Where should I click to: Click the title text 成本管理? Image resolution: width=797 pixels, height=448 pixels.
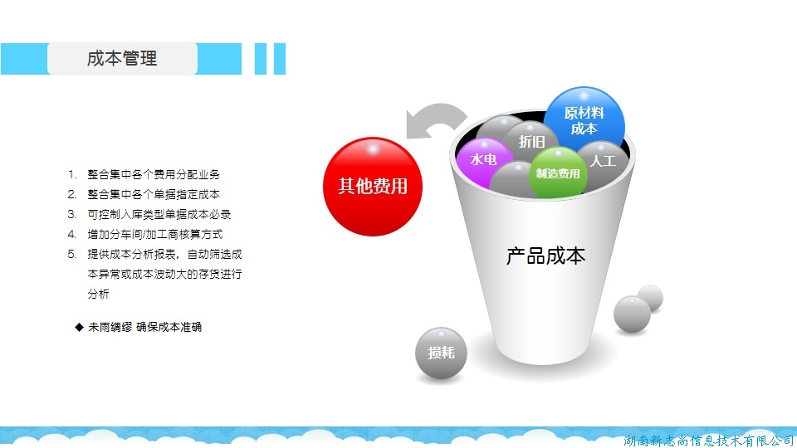click(x=122, y=58)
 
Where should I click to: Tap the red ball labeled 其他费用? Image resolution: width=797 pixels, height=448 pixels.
click(x=373, y=187)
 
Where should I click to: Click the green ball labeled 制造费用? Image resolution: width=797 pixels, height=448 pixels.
click(x=558, y=173)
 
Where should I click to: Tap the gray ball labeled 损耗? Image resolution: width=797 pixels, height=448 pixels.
click(x=441, y=353)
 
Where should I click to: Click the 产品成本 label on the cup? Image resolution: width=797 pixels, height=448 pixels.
click(x=545, y=256)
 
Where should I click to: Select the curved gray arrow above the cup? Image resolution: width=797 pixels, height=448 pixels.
click(x=438, y=114)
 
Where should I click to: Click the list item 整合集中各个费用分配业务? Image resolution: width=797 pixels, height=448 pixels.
click(x=154, y=175)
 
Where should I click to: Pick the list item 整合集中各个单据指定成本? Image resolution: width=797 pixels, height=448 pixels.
click(x=154, y=194)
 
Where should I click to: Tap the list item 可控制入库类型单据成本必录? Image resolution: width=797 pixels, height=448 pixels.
click(x=159, y=214)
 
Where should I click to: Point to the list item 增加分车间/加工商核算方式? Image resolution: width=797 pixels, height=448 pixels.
click(x=155, y=234)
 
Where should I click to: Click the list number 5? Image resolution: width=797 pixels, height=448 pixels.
click(x=71, y=254)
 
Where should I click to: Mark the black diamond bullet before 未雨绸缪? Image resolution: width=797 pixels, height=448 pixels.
click(x=80, y=327)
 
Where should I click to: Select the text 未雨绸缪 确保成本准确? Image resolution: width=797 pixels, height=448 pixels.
click(x=144, y=327)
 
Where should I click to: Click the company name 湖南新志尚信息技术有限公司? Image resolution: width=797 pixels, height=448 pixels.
click(x=708, y=441)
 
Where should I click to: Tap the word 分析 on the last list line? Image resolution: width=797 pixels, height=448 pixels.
click(x=98, y=294)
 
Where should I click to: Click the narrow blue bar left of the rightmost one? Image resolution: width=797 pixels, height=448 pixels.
click(x=261, y=59)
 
